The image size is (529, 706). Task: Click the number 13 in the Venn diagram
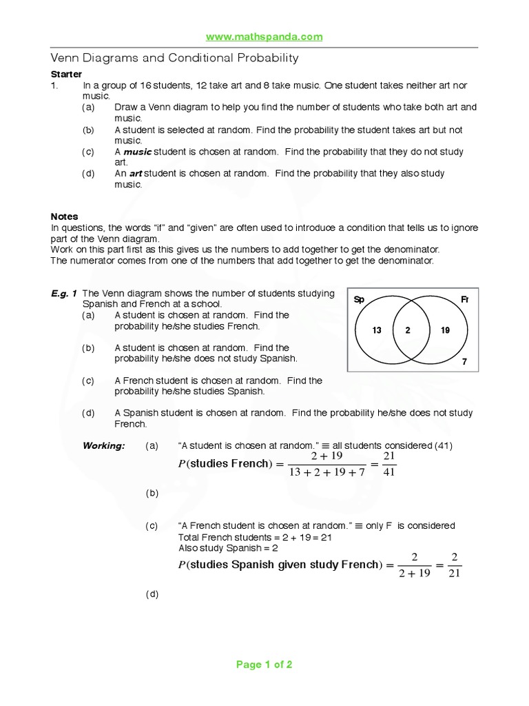pyautogui.click(x=377, y=330)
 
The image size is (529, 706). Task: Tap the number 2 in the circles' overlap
pyautogui.click(x=408, y=330)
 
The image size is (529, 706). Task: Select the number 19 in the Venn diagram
pyautogui.click(x=445, y=330)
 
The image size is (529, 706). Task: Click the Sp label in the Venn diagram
pyautogui.click(x=358, y=299)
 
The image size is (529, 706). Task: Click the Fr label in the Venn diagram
pyautogui.click(x=464, y=299)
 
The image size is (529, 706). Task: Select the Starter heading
pyautogui.click(x=67, y=74)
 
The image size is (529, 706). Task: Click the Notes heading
pyautogui.click(x=65, y=216)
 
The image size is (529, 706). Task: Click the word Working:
pyautogui.click(x=103, y=445)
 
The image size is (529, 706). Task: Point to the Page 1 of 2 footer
pyautogui.click(x=264, y=665)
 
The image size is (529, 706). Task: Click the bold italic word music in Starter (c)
pyautogui.click(x=137, y=152)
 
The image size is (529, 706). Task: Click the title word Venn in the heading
pyautogui.click(x=67, y=58)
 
